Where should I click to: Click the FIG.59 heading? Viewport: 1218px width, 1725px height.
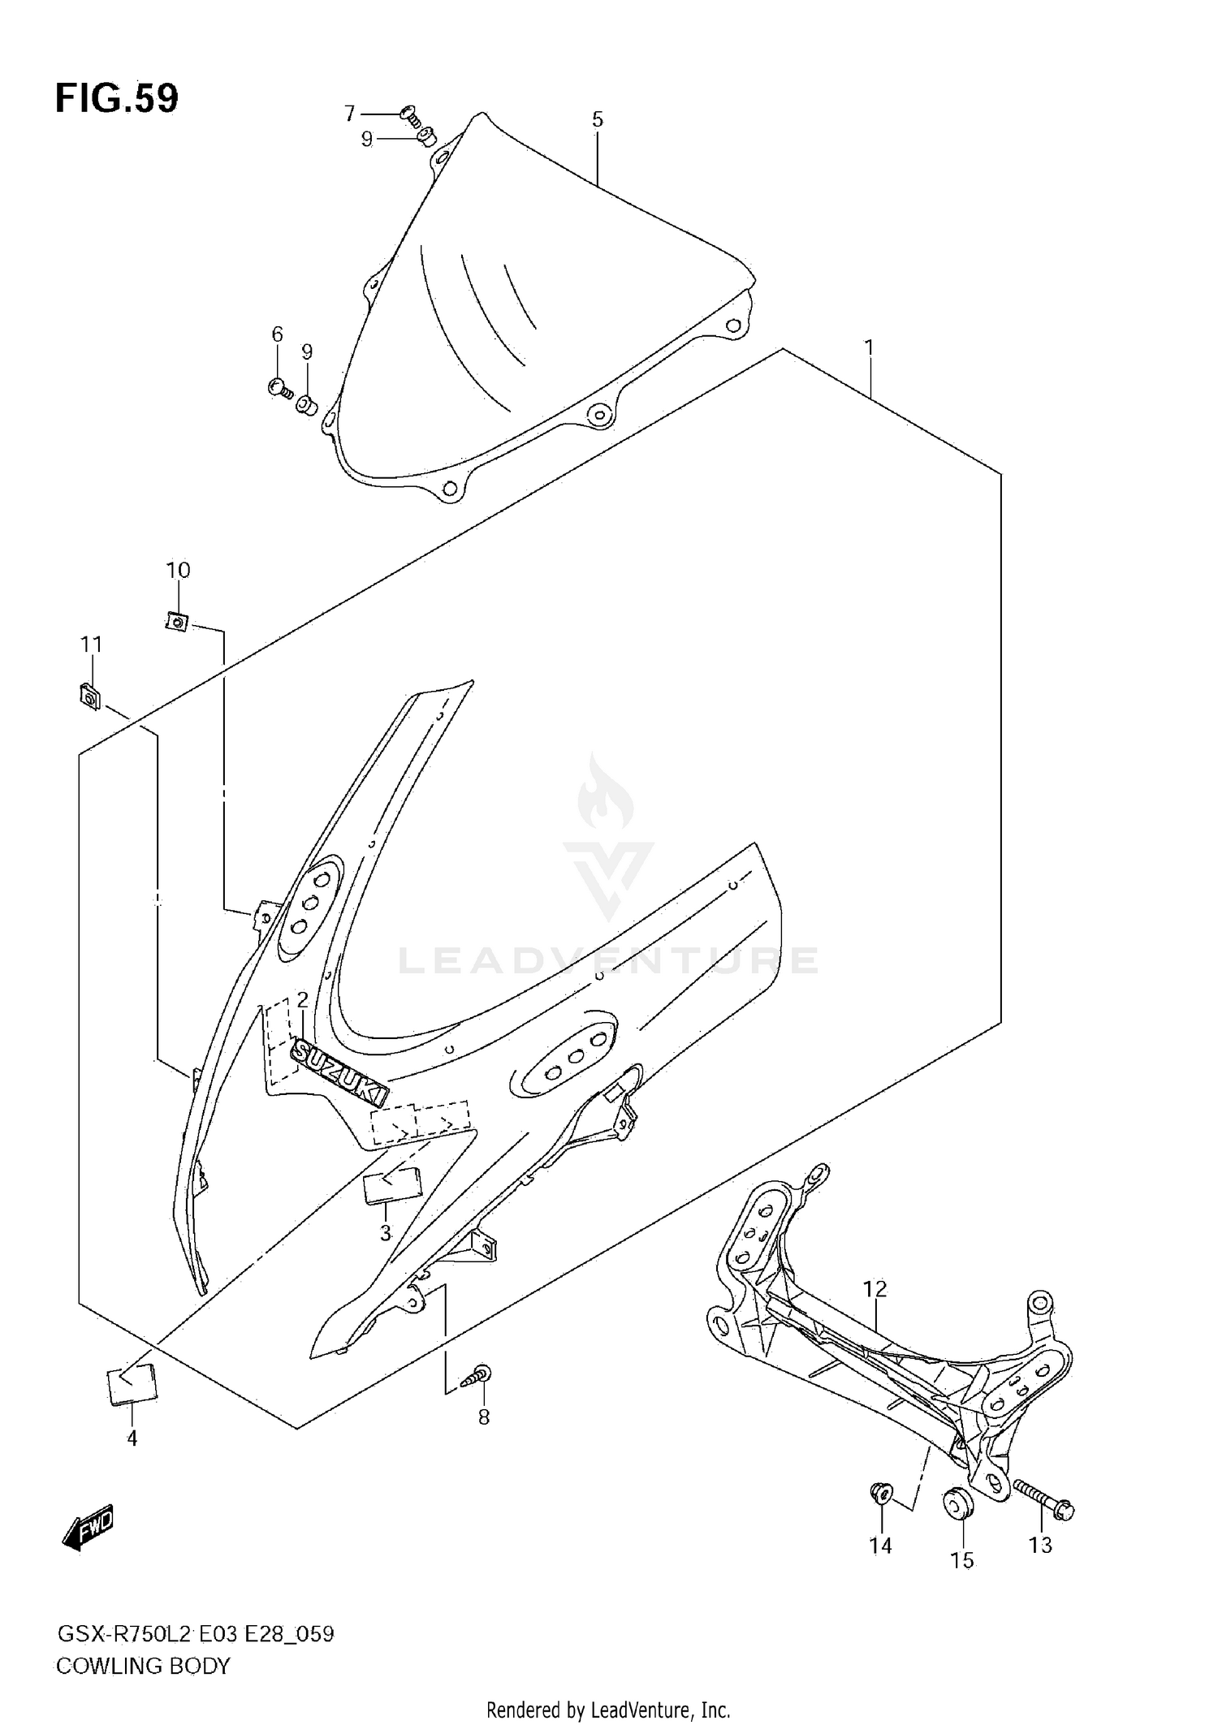117,99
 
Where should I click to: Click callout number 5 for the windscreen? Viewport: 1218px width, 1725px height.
597,120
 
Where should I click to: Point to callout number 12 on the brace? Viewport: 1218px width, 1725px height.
875,1289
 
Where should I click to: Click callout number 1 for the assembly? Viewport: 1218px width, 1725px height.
869,348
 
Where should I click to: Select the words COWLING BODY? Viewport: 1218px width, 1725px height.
143,1666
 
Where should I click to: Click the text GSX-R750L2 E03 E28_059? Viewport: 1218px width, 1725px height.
195,1634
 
